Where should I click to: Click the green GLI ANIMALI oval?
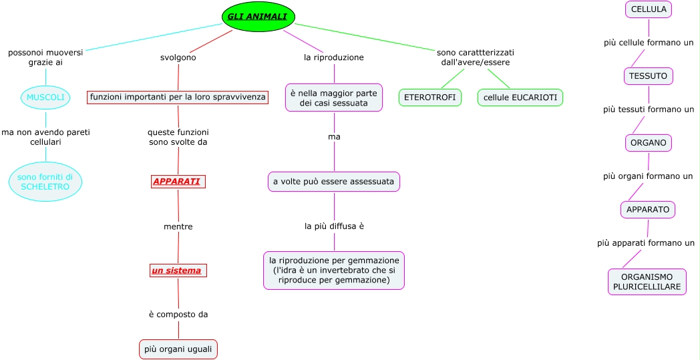258,17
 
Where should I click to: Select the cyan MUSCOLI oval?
45,98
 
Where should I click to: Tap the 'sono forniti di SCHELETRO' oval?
45,182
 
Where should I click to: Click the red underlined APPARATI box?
178,182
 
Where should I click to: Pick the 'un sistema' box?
178,271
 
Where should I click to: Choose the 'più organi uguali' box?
178,349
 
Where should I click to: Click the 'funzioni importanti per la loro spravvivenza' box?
178,98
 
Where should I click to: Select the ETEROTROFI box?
430,98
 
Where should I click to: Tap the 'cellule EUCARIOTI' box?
520,98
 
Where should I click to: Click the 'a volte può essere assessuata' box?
334,182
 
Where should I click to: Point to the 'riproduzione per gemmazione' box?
334,270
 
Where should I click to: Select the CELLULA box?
649,9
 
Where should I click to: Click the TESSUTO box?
649,76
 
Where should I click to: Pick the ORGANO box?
649,143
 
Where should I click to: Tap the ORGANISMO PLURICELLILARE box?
647,282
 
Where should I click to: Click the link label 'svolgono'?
178,57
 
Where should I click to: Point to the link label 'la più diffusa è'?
334,226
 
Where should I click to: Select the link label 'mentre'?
178,227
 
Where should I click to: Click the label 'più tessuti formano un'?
649,110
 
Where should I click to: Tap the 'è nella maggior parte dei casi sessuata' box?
334,98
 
